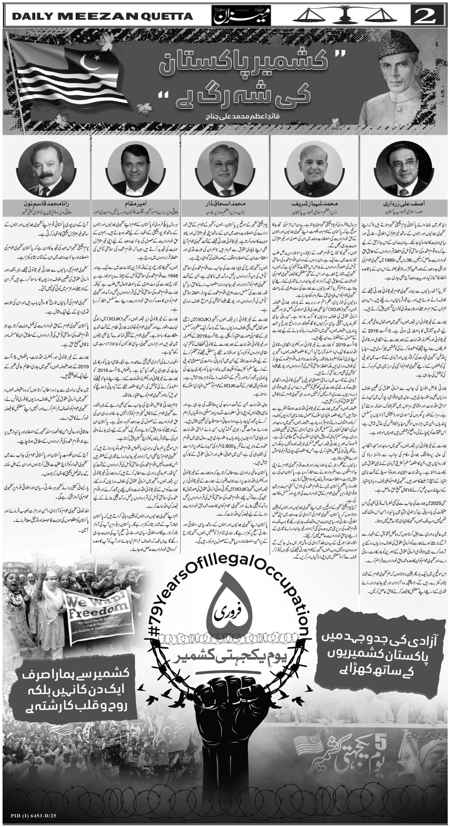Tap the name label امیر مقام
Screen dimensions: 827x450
coord(135,204)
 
